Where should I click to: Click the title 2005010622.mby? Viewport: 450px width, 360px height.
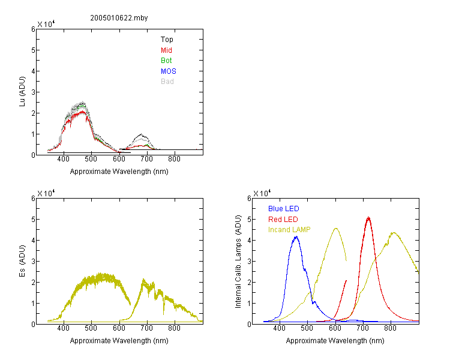(119, 18)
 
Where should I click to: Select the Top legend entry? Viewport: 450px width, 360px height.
(167, 40)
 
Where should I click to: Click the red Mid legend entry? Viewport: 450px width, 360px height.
(166, 50)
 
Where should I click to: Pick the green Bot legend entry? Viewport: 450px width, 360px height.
(166, 60)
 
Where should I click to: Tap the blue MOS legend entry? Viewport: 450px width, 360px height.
(169, 71)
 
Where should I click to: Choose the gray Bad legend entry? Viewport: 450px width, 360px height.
(167, 81)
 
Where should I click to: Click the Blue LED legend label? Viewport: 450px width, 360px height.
(284, 208)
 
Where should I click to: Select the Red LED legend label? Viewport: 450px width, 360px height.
(283, 219)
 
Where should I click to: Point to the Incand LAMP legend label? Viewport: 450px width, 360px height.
(289, 229)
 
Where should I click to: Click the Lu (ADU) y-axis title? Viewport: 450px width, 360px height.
(22, 92)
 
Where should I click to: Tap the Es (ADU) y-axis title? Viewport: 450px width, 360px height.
(22, 261)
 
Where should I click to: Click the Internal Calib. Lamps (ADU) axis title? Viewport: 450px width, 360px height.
(238, 262)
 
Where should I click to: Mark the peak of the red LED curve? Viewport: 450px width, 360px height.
(368, 217)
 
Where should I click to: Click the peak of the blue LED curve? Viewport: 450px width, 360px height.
(296, 236)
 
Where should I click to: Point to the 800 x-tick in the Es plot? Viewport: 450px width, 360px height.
(174, 328)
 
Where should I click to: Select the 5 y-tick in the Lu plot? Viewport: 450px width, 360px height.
(33, 50)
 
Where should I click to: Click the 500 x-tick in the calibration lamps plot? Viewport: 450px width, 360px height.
(307, 328)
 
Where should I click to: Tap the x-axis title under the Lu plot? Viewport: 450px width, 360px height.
(119, 172)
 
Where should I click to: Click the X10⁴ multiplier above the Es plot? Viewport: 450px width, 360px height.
(46, 193)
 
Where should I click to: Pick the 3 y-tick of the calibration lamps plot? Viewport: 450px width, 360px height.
(250, 261)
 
